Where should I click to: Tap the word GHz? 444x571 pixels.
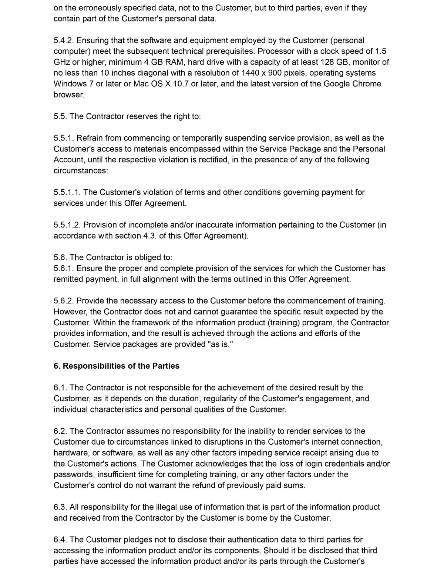tap(62, 62)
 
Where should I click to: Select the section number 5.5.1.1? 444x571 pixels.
tap(67, 192)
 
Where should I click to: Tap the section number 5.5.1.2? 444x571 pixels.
tap(67, 225)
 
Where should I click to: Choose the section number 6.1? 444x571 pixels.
tap(60, 388)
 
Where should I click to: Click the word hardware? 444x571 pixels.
tap(70, 453)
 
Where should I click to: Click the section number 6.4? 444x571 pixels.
tap(60, 540)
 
